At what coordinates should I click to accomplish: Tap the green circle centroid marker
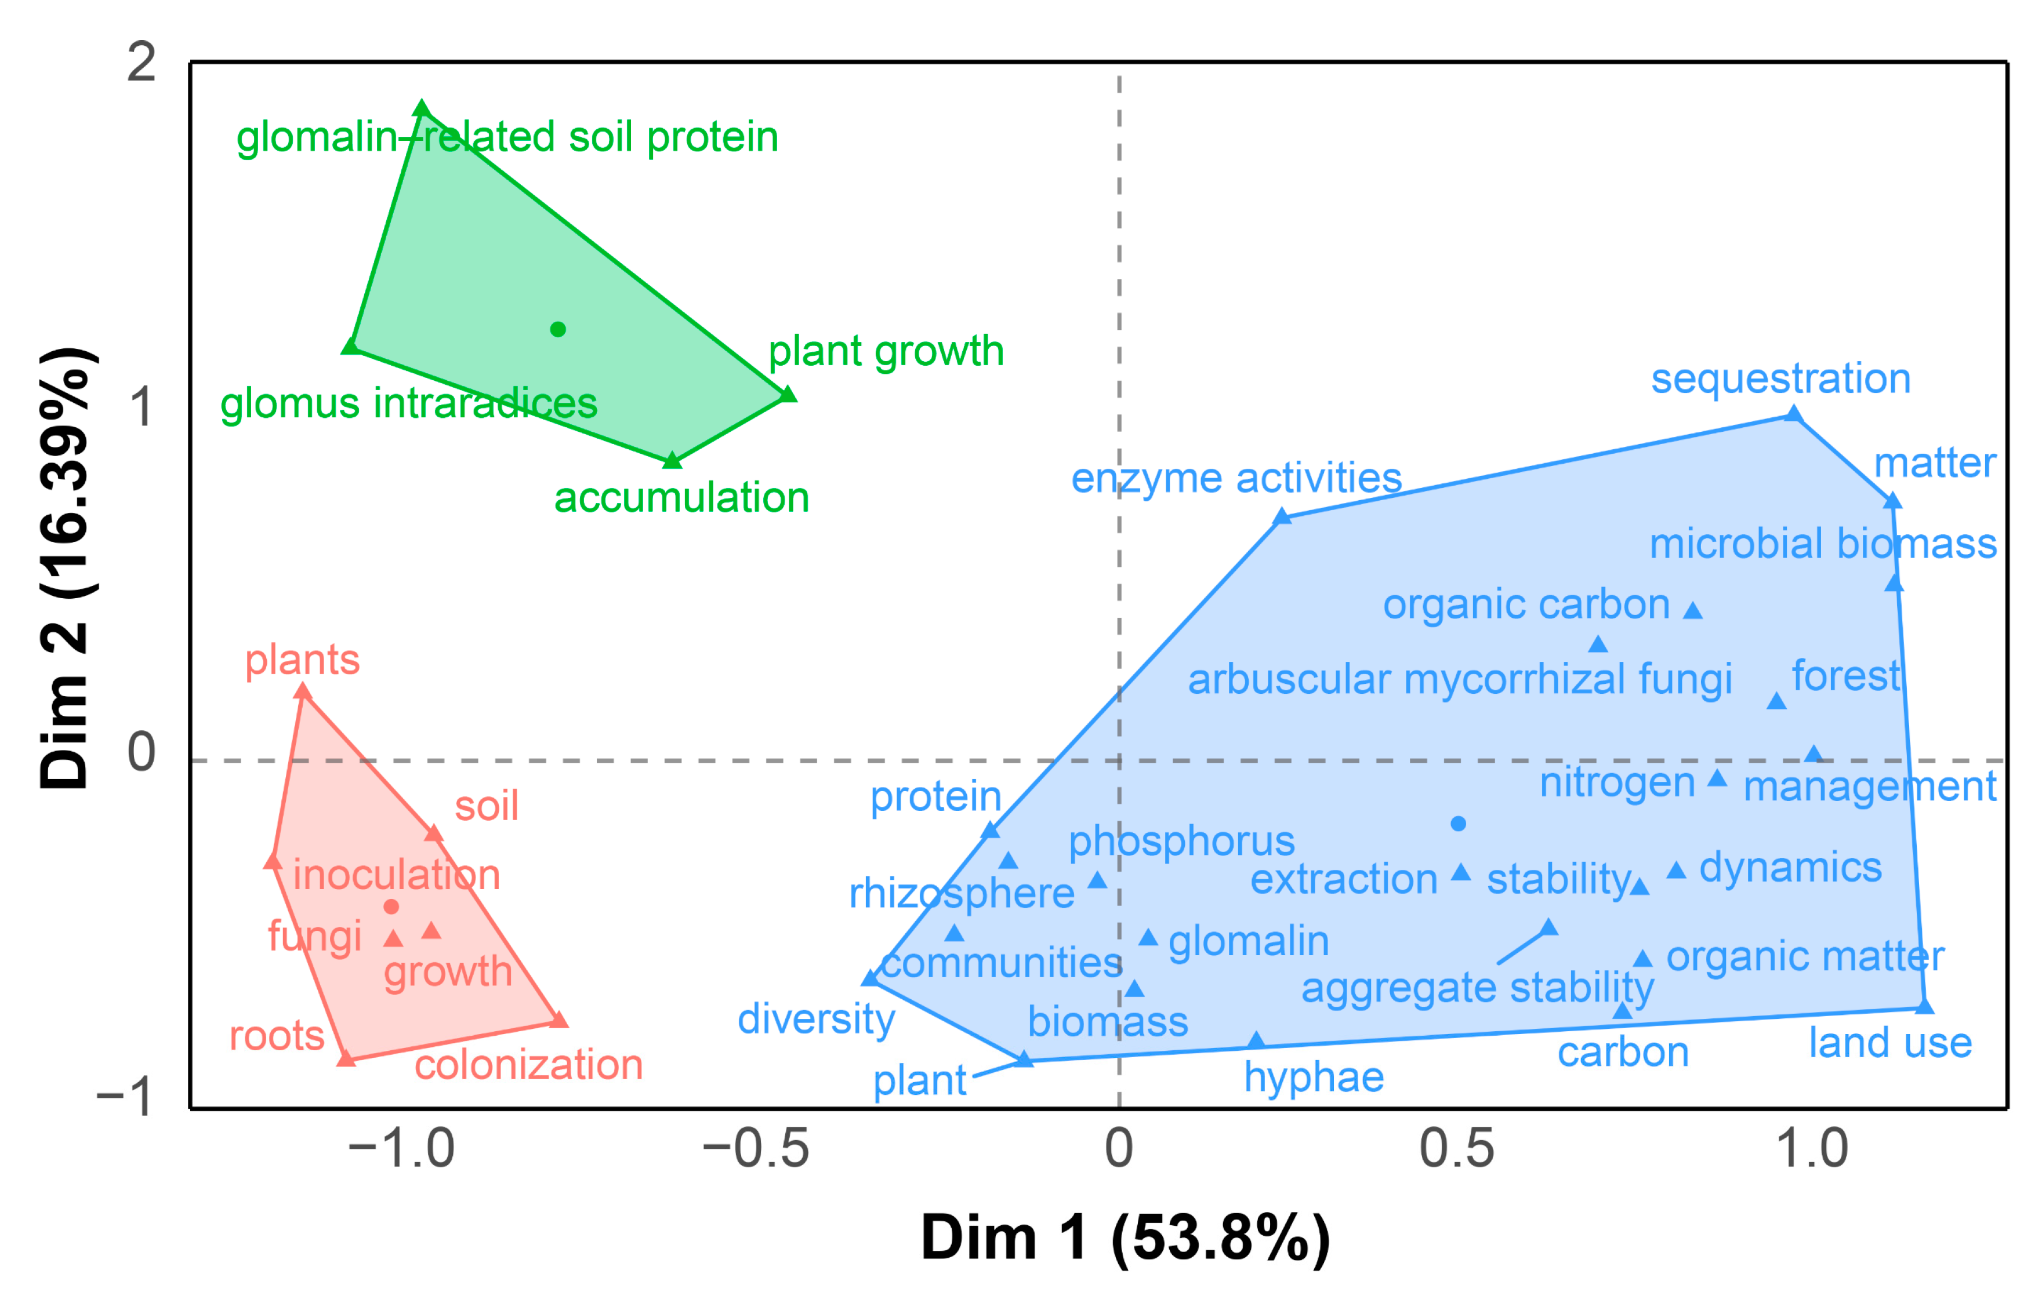pyautogui.click(x=558, y=329)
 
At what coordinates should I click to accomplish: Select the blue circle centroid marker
pyautogui.click(x=1458, y=823)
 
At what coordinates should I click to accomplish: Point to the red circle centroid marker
pyautogui.click(x=391, y=906)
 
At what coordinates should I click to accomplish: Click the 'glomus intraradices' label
pyautogui.click(x=408, y=403)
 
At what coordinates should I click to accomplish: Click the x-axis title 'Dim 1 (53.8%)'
pyautogui.click(x=1125, y=1237)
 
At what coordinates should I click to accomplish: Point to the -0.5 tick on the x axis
pyautogui.click(x=755, y=1149)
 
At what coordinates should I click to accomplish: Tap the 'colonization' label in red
pyautogui.click(x=528, y=1064)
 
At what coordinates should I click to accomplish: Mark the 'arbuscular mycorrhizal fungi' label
pyautogui.click(x=1460, y=680)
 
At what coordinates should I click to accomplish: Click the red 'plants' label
pyautogui.click(x=302, y=660)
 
